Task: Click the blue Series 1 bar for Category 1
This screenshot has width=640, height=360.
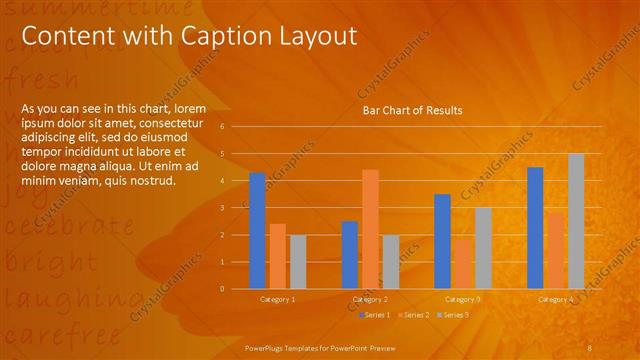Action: tap(257, 230)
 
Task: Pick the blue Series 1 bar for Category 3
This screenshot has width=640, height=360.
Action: tap(443, 241)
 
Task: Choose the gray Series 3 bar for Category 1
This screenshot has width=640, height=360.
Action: tap(298, 261)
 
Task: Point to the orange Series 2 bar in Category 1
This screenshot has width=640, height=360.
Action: tap(278, 256)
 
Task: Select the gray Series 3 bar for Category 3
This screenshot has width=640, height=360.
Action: tap(483, 248)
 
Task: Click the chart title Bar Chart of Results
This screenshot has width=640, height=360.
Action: tap(412, 111)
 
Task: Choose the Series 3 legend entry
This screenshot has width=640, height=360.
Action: tap(452, 315)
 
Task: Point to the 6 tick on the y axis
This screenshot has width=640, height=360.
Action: tap(236, 127)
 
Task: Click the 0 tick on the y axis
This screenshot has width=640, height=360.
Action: tap(236, 289)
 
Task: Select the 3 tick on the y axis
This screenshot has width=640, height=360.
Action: tap(236, 208)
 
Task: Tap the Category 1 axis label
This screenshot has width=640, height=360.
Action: tap(278, 299)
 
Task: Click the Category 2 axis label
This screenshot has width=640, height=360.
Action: tap(370, 299)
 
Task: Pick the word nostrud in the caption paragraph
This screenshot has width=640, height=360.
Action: tap(151, 180)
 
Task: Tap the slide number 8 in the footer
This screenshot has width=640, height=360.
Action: tap(590, 346)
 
